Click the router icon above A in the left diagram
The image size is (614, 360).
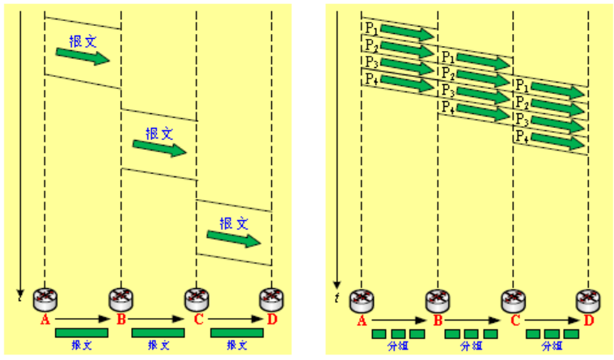click(x=44, y=299)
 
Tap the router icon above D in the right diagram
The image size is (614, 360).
click(x=587, y=299)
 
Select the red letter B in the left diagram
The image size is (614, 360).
click(x=121, y=320)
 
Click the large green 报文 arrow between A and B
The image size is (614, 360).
click(x=82, y=56)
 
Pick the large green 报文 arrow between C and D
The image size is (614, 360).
click(x=234, y=238)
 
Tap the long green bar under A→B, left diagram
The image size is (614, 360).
click(x=82, y=333)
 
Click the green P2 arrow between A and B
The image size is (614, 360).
click(x=407, y=49)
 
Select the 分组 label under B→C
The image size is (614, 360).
click(x=472, y=345)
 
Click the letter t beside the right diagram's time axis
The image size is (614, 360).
click(x=337, y=299)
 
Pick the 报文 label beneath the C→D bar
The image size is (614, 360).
click(x=236, y=345)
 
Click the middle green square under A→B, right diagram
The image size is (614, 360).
click(x=398, y=333)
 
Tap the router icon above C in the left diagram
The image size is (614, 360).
click(x=197, y=299)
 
